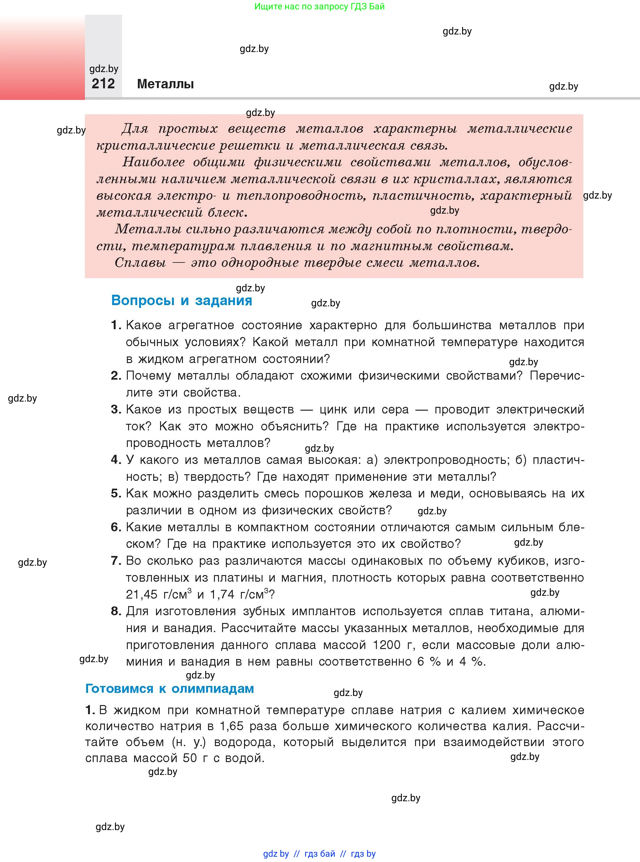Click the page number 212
(x=103, y=84)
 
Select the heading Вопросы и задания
(x=181, y=301)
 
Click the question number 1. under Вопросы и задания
(x=116, y=325)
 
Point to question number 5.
(x=116, y=493)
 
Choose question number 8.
(x=116, y=611)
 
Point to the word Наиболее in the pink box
(x=153, y=162)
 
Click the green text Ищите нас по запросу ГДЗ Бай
(x=320, y=7)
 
